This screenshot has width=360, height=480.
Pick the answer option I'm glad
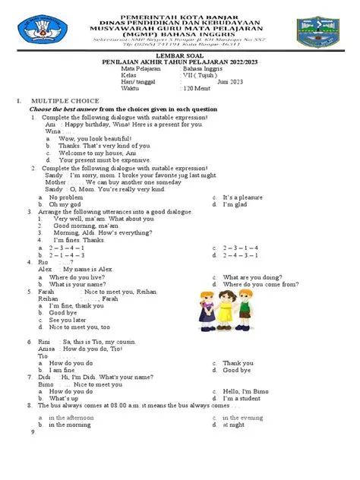coord(236,205)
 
